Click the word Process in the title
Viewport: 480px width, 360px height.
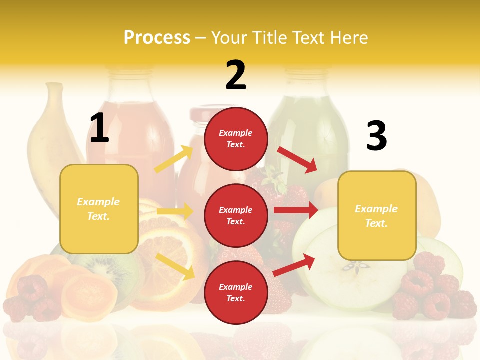pos(157,37)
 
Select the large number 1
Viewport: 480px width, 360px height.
pos(99,128)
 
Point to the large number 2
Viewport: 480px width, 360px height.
pos(236,75)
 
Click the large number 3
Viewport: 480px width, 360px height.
pos(376,136)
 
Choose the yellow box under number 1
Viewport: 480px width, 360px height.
pos(99,209)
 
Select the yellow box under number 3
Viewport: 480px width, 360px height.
pos(377,216)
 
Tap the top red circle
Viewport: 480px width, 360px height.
pos(236,139)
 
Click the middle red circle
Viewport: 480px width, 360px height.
pos(236,215)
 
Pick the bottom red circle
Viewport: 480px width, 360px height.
pos(236,292)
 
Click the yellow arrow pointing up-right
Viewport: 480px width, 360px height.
pos(174,159)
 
